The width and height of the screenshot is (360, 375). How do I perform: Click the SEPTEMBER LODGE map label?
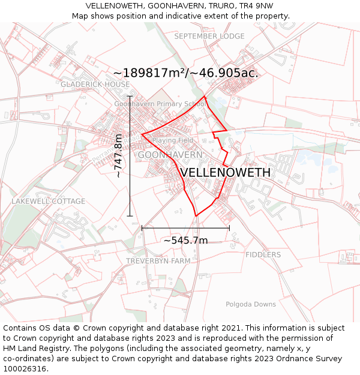coord(209,36)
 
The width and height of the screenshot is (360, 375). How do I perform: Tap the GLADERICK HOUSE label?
coord(95,85)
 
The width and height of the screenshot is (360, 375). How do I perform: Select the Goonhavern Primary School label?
coord(160,104)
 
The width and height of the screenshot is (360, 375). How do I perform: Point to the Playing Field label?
coord(173,140)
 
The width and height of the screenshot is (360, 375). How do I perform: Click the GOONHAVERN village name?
coord(170,155)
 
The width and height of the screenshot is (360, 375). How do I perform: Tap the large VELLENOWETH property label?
coord(225,172)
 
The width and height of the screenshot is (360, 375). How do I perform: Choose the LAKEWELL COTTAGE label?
coord(48,201)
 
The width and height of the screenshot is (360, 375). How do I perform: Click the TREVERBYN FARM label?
coord(158,261)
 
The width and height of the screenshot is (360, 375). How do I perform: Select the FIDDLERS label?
coord(263,254)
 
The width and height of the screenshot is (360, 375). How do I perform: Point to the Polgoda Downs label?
coord(251,304)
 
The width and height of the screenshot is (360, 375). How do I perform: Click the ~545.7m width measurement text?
coord(185,241)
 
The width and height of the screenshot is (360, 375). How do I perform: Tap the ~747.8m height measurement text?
coord(118,156)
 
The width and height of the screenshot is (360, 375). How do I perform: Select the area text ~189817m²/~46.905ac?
coord(185,73)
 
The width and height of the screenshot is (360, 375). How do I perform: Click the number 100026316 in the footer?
coord(24,369)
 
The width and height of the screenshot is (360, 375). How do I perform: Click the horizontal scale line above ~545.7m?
coord(185,228)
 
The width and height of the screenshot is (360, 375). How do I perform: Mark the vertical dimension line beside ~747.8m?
coord(130,156)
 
